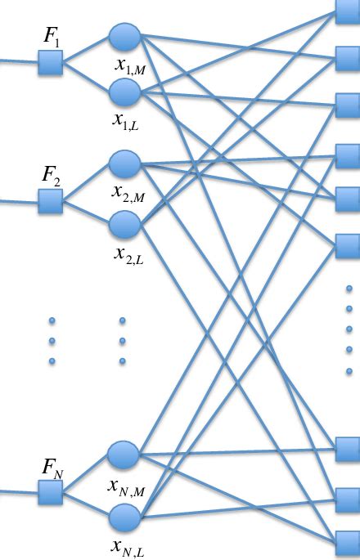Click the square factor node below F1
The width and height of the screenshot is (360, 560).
pos(51,62)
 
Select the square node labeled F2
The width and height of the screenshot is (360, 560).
pos(51,200)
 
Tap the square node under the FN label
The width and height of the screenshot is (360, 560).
pos(51,493)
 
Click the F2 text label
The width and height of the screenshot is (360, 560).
pos(52,175)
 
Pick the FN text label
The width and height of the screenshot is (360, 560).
pos(52,468)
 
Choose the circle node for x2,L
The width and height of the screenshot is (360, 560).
pos(124,223)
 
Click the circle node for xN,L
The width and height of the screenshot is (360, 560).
pos(124,517)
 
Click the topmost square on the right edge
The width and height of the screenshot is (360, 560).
pos(348,8)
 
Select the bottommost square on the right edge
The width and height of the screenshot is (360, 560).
pos(348,540)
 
